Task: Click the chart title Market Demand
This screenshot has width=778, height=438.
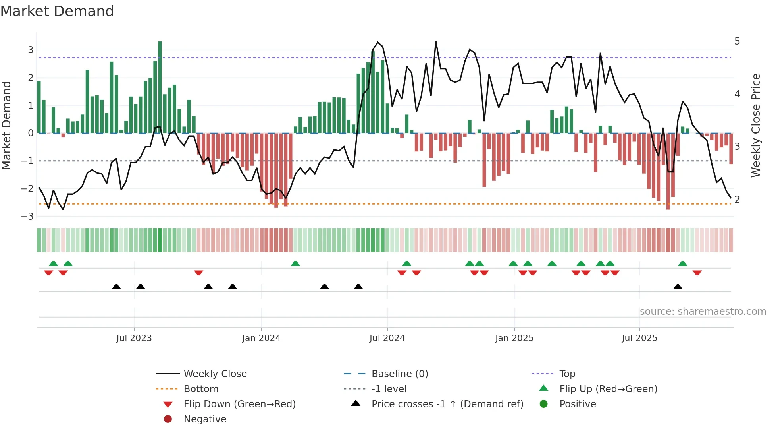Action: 57,11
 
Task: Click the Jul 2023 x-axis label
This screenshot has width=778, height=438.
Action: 134,338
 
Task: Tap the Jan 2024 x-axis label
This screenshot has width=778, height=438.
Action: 261,338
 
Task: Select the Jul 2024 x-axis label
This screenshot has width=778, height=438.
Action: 387,338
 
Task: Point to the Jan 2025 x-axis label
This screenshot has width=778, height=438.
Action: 514,338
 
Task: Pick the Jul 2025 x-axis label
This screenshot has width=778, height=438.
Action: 639,338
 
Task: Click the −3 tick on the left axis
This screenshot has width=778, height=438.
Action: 27,217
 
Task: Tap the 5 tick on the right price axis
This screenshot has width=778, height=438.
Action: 737,41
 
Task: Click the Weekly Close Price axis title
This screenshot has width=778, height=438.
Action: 756,125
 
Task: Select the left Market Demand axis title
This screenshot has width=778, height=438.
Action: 7,125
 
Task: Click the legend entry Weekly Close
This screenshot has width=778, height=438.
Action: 215,374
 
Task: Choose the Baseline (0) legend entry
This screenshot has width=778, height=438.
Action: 400,374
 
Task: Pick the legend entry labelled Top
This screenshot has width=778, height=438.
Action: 567,374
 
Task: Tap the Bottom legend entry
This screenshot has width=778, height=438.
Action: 201,389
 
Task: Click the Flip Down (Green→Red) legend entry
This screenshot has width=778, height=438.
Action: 239,404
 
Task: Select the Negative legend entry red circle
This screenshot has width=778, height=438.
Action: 168,419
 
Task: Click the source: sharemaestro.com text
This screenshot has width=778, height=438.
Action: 703,311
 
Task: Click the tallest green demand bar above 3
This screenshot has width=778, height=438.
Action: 160,87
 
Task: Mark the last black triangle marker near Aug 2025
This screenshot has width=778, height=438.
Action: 678,287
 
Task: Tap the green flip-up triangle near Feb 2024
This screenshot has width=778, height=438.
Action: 295,264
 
